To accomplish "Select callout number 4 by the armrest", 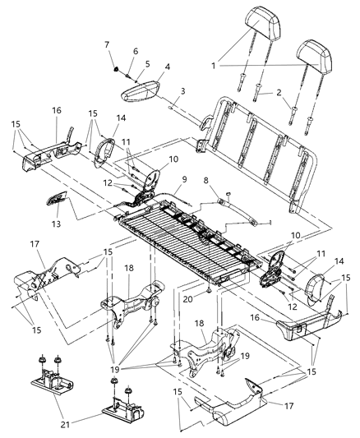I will (x=167, y=68).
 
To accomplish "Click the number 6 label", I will (x=136, y=51).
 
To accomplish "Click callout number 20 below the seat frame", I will (x=210, y=301).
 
